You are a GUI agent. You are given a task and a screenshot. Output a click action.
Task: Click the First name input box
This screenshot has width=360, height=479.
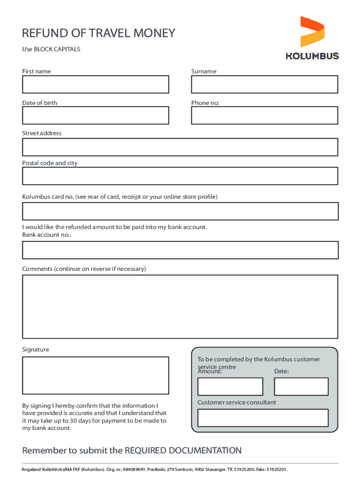(95, 85)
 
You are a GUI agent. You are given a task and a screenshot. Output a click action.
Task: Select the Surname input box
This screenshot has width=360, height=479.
(264, 85)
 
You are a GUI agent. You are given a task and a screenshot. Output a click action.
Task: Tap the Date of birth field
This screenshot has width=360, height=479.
(95, 115)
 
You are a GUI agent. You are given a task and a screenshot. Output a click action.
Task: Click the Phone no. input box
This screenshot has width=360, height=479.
(264, 115)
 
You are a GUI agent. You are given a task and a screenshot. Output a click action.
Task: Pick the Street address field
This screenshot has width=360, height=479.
(180, 147)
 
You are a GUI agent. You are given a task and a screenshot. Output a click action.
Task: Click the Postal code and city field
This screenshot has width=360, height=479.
(180, 176)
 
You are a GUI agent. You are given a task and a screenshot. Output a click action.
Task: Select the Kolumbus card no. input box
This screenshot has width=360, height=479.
(180, 211)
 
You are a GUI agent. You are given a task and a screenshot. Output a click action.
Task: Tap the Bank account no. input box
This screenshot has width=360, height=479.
(180, 250)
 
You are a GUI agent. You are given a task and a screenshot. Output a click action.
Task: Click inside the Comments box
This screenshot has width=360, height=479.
(180, 306)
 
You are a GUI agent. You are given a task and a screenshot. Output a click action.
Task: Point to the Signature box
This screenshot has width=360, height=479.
(95, 375)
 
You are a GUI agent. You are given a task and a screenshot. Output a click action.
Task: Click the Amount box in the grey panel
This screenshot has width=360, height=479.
(230, 386)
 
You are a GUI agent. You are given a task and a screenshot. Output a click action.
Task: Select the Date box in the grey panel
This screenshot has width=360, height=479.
(301, 386)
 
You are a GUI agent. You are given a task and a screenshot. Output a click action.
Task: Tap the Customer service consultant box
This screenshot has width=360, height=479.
(263, 418)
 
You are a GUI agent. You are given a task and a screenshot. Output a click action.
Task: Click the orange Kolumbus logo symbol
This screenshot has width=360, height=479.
(312, 31)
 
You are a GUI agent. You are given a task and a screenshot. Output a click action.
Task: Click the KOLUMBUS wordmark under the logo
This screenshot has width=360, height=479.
(312, 56)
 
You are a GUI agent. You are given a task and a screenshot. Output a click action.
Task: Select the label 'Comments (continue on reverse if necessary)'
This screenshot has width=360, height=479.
(84, 269)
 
